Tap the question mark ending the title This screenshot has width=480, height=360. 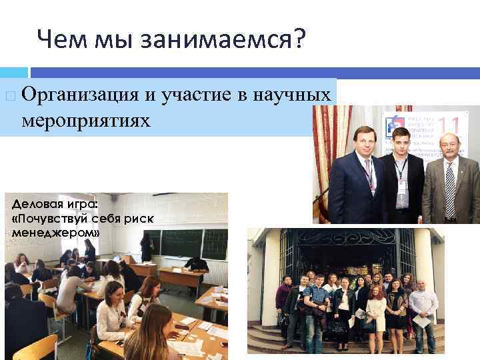pos(297,41)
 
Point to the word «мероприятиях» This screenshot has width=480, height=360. pos(86,122)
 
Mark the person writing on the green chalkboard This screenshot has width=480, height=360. pos(146,247)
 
